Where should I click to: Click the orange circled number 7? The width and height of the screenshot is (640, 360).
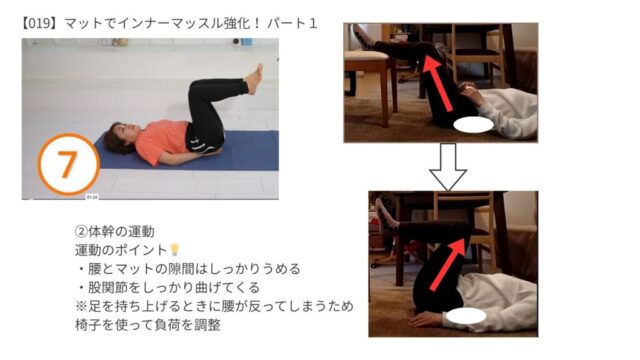[69, 164]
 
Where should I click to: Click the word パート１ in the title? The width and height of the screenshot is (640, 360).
[292, 24]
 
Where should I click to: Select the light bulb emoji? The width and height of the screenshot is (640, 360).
[175, 249]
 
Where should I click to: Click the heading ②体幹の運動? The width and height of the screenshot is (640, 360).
[115, 231]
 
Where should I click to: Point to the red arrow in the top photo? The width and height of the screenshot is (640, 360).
[437, 83]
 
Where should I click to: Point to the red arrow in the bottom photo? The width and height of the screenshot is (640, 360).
[448, 264]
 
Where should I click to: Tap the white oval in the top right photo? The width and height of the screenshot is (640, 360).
[473, 125]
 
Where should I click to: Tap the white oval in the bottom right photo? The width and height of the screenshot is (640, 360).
[466, 316]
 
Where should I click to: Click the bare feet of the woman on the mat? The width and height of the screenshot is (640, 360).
[254, 79]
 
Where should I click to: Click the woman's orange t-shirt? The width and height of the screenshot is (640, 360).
[161, 142]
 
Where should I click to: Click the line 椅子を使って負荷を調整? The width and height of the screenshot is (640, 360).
[148, 325]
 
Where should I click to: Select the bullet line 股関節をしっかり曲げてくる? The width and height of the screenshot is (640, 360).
[168, 287]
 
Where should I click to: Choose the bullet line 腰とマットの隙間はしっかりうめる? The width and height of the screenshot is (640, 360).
[189, 269]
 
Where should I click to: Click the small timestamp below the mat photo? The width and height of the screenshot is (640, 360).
[92, 197]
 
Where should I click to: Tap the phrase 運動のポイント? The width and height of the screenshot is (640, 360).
[121, 250]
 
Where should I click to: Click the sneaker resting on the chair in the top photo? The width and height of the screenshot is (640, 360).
[362, 36]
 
